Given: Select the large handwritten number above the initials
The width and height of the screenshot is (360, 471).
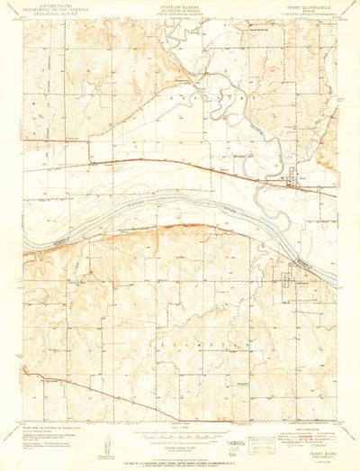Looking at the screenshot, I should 236,434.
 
